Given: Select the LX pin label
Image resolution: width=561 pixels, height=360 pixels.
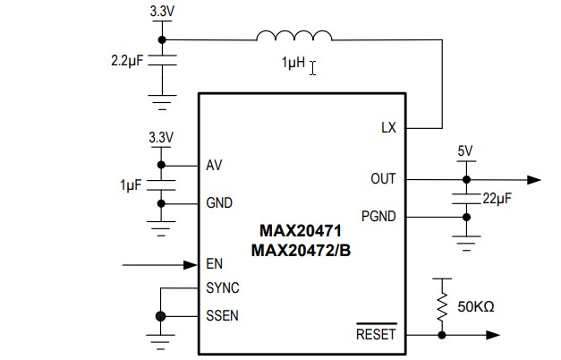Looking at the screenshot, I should [x=387, y=128].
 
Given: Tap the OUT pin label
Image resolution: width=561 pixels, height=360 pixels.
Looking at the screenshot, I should [x=383, y=179].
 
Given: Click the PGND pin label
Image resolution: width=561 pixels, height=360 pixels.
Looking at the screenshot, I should [x=378, y=216].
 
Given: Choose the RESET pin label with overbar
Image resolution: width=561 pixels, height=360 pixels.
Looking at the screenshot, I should [x=375, y=335].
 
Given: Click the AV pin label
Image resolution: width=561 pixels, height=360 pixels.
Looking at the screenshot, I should [x=214, y=166].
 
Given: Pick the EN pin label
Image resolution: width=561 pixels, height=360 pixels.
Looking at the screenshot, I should [x=214, y=264].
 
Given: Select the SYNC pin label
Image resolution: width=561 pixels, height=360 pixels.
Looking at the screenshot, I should [x=222, y=287].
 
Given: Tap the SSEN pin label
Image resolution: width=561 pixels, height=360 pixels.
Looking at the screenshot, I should [x=222, y=316].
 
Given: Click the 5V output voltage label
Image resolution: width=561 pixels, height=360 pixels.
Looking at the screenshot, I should [x=465, y=151].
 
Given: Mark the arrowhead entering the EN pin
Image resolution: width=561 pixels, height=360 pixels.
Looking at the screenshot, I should [x=190, y=264].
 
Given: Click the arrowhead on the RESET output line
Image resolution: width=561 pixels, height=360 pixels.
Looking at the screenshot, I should [x=492, y=335].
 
